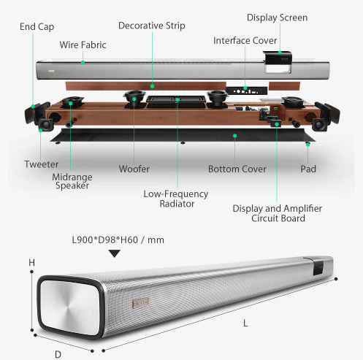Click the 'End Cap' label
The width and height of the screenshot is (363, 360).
pyautogui.click(x=37, y=27)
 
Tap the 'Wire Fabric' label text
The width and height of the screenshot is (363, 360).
pyautogui.click(x=83, y=45)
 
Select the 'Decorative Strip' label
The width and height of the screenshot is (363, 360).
pyautogui.click(x=152, y=26)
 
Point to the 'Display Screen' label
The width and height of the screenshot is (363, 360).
pyautogui.click(x=277, y=18)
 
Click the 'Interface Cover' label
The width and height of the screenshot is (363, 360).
pyautogui.click(x=245, y=40)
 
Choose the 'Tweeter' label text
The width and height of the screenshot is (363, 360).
pyautogui.click(x=42, y=164)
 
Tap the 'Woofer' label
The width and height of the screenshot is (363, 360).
pyautogui.click(x=134, y=169)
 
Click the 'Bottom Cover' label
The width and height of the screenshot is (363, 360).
pyautogui.click(x=237, y=169)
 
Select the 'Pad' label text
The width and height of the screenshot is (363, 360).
pyautogui.click(x=308, y=169)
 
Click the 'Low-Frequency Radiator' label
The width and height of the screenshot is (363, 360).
pyautogui.click(x=176, y=199)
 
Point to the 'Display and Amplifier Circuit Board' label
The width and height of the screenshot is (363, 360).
pyautogui.click(x=278, y=213)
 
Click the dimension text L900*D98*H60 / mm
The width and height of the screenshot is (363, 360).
pyautogui.click(x=118, y=240)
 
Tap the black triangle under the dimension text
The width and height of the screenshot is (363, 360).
pyautogui.click(x=115, y=253)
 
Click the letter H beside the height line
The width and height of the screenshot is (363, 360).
pyautogui.click(x=32, y=263)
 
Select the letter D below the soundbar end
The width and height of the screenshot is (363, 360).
pyautogui.click(x=58, y=354)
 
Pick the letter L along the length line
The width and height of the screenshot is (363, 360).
pyautogui.click(x=245, y=323)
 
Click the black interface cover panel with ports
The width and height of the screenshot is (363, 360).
pyautogui.click(x=246, y=91)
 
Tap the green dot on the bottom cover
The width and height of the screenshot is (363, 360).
pyautogui.click(x=235, y=136)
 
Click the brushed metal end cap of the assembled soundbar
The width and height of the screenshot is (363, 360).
pyautogui.click(x=70, y=307)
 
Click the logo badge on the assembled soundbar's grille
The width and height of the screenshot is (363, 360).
pyautogui.click(x=140, y=303)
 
